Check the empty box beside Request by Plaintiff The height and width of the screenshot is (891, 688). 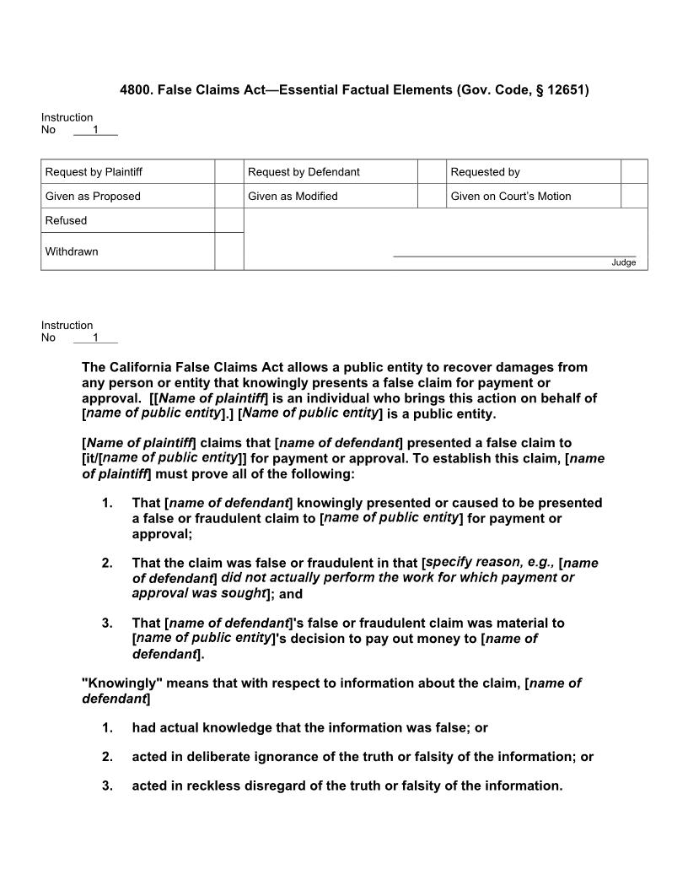point(228,172)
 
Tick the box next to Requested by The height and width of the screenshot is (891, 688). point(634,172)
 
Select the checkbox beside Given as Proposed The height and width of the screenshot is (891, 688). point(228,197)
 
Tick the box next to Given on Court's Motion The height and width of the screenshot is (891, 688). point(634,197)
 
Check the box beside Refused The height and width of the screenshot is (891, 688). point(228,220)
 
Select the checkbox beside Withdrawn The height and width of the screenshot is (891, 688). point(228,251)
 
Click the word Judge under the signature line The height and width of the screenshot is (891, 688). point(624,262)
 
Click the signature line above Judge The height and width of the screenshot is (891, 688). point(514,256)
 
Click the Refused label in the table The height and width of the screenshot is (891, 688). point(66,221)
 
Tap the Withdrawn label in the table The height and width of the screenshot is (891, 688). point(72,251)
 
